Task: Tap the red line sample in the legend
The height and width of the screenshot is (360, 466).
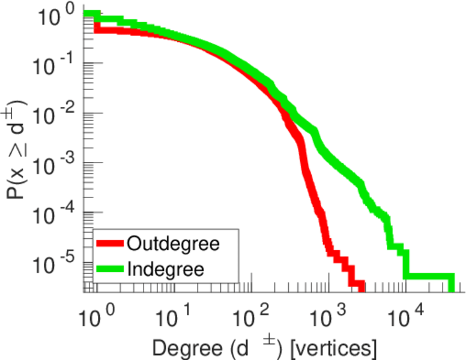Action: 110,244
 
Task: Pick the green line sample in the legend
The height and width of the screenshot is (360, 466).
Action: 110,268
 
